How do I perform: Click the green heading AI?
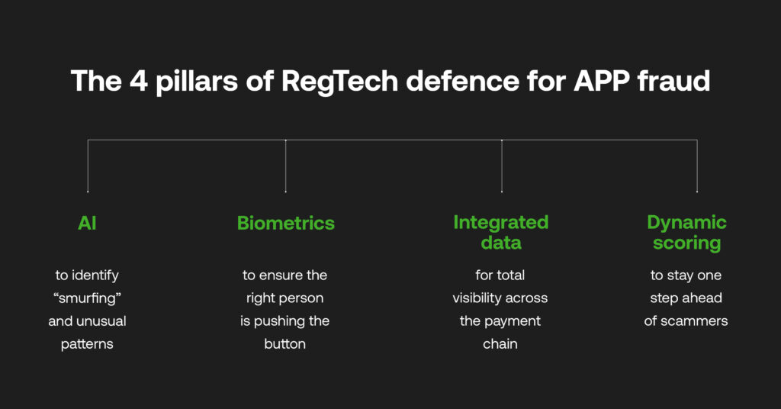(x=87, y=223)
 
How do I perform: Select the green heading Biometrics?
(x=285, y=223)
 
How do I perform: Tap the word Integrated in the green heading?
(x=500, y=222)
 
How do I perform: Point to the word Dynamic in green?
(x=686, y=222)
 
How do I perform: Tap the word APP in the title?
(x=595, y=81)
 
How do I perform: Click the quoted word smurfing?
(x=87, y=298)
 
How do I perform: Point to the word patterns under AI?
(x=87, y=343)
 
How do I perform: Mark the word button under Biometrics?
(x=285, y=343)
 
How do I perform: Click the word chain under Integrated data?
(x=500, y=343)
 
